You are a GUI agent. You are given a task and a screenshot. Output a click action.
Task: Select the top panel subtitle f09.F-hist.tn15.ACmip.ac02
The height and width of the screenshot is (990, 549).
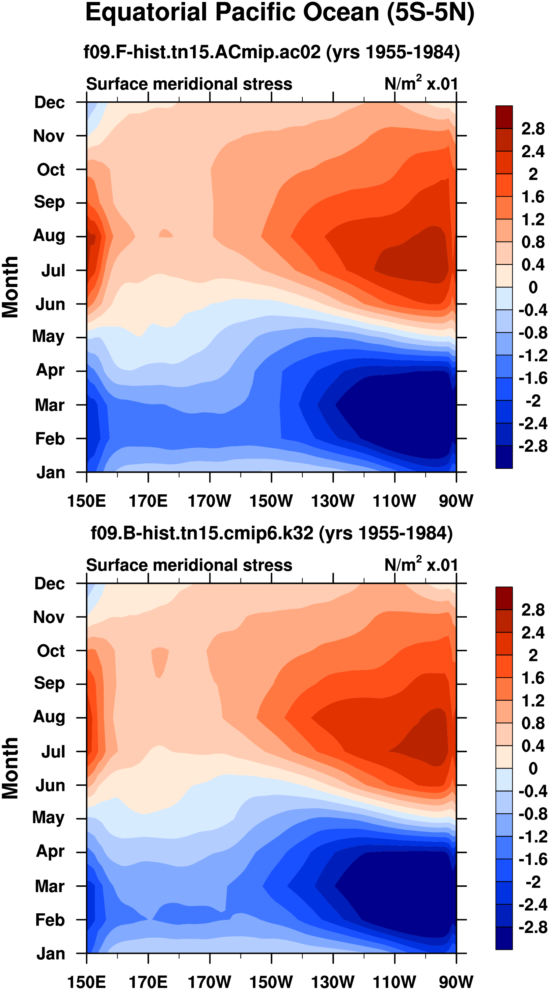271,52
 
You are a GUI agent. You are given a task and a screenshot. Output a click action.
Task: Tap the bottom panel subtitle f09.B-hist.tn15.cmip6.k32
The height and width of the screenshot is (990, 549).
271,533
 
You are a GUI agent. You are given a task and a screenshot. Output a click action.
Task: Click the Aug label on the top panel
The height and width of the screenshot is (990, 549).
49,236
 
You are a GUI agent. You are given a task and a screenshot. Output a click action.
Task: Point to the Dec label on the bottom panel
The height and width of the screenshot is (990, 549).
50,584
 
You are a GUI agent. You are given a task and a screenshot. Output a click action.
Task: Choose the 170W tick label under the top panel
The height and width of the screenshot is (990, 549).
209,501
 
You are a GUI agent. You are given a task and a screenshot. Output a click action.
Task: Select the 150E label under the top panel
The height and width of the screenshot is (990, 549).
87,501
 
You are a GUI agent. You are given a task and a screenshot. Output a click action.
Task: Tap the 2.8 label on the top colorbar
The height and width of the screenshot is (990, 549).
533,129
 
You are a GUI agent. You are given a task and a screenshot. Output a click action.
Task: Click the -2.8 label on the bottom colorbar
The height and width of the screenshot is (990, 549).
533,927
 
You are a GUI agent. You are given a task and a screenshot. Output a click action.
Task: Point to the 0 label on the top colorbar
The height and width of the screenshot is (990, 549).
533,287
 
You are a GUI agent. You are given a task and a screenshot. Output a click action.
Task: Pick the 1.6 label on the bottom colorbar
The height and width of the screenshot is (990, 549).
533,678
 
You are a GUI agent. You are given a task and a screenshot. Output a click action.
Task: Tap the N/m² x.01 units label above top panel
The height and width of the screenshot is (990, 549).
421,83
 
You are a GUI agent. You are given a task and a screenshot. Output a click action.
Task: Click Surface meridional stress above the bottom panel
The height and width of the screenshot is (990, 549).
189,565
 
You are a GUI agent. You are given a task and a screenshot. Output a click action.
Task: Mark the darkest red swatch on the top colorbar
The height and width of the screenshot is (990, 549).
504,117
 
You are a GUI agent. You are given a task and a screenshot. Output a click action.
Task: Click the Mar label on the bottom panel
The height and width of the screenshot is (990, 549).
50,886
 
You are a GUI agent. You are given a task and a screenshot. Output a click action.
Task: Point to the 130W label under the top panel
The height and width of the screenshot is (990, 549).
333,501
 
